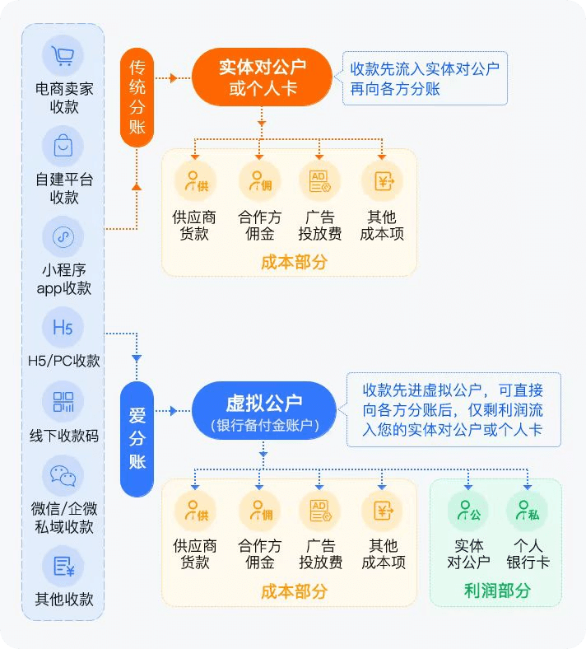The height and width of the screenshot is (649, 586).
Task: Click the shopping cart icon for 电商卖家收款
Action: pos(63,56)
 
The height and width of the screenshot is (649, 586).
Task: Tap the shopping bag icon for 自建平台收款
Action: pos(63,147)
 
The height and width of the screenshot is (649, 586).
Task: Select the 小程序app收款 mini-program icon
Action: pos(63,237)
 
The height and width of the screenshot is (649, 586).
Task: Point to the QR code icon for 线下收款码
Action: pos(63,403)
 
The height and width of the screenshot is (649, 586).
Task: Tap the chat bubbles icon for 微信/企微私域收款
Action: pos(63,476)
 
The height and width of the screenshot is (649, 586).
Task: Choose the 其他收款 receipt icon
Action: pos(63,567)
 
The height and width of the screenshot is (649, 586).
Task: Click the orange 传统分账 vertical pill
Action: pos(137,97)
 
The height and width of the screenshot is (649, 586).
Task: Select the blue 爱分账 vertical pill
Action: pos(137,439)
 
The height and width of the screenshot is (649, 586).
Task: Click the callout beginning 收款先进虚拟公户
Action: pos(453,410)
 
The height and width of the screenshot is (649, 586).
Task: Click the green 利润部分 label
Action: pos(496,591)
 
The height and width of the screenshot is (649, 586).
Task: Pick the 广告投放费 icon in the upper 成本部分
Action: pos(319,180)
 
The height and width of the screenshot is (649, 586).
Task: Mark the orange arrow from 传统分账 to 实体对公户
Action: pos(171,78)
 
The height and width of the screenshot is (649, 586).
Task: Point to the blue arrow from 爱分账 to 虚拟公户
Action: pos(171,410)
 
